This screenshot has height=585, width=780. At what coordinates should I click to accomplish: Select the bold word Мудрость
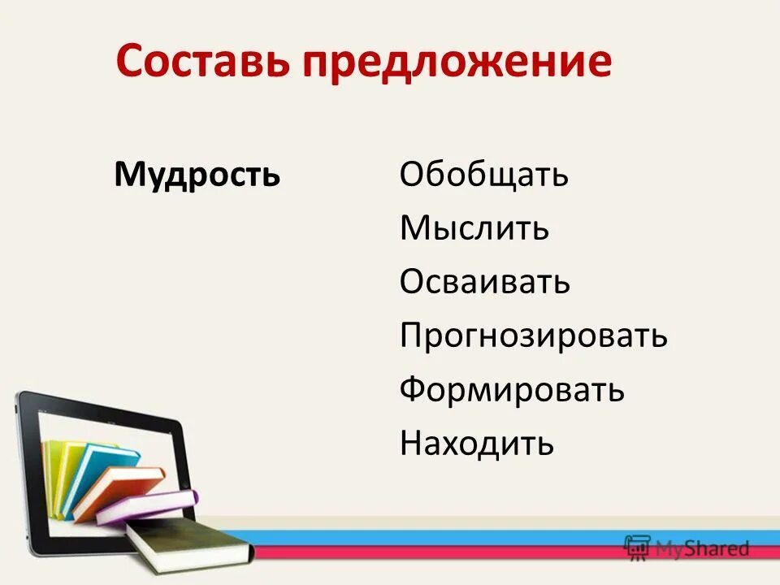click(x=197, y=175)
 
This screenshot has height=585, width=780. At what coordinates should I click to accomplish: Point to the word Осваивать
click(x=484, y=283)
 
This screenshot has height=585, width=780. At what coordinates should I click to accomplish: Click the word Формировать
click(x=512, y=390)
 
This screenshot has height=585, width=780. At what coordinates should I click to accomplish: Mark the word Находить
click(x=477, y=444)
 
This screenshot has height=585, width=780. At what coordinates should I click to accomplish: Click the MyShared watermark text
click(x=703, y=549)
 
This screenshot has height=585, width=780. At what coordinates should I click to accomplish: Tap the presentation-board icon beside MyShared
click(x=637, y=547)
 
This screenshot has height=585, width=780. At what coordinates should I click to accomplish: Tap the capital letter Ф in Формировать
click(x=412, y=390)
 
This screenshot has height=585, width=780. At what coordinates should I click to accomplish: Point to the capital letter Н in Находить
click(x=411, y=444)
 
